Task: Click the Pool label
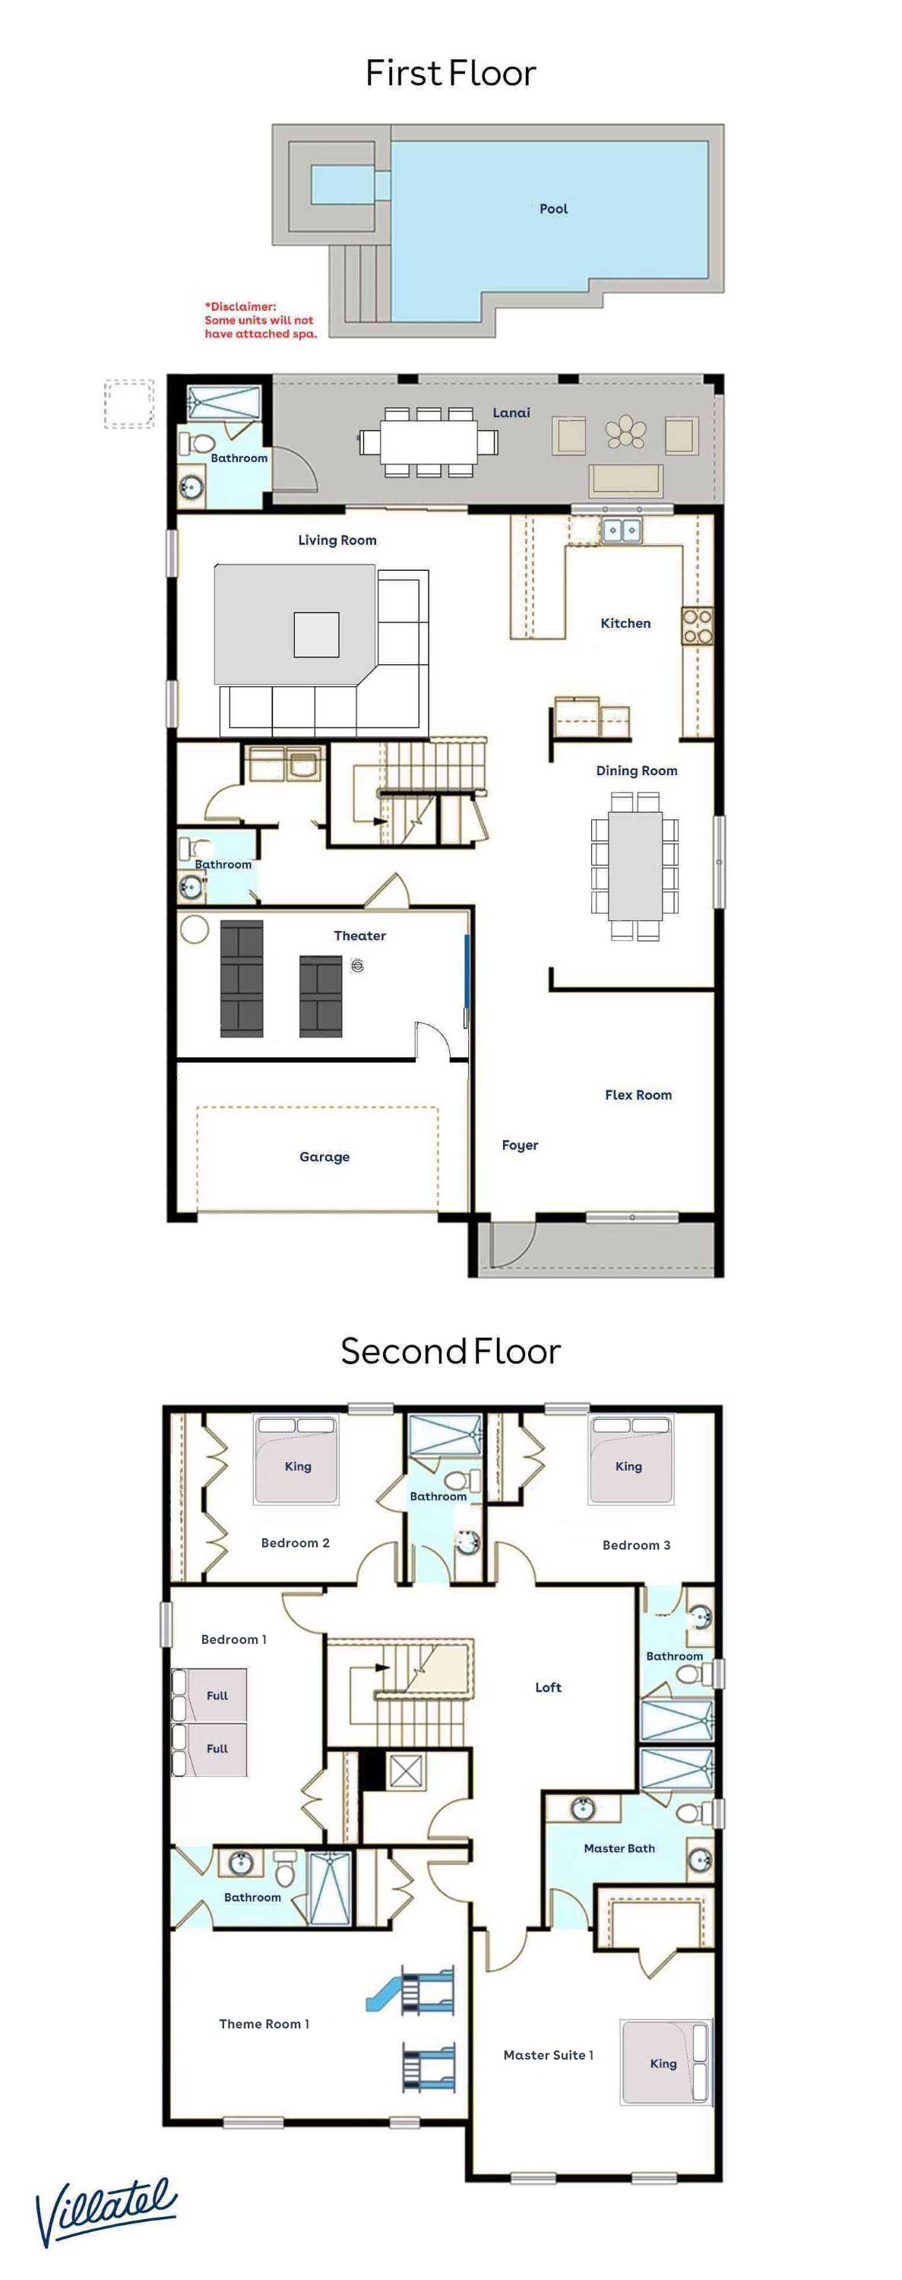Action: point(553,209)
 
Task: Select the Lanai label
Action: point(511,413)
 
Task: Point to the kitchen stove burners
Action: point(697,625)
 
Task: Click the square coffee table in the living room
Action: point(316,635)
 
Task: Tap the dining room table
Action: point(635,866)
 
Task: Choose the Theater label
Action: point(359,936)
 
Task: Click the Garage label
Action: point(324,1157)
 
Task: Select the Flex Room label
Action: point(638,1095)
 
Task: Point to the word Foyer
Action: point(520,1145)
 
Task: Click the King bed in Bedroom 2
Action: point(296,1459)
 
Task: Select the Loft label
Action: point(548,1687)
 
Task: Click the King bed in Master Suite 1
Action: point(666,2061)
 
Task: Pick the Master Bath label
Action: point(619,1848)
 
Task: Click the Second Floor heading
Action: point(451,1351)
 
